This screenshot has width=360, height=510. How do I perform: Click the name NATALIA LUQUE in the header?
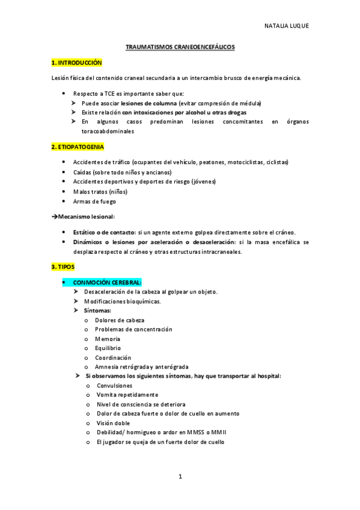(286, 26)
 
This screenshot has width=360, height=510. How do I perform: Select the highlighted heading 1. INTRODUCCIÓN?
(77, 63)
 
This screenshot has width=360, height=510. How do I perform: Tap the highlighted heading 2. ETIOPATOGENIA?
(78, 147)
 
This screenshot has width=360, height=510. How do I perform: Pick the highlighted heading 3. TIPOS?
(63, 266)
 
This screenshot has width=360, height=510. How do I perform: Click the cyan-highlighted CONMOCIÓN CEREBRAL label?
(107, 282)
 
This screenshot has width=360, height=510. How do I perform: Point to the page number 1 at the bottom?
(180, 476)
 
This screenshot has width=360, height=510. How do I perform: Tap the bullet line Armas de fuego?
(94, 201)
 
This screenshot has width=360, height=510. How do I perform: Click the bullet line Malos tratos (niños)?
(100, 192)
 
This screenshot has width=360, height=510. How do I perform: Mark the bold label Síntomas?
(97, 310)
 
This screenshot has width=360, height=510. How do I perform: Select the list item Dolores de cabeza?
(119, 320)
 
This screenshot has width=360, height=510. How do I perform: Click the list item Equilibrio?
(108, 348)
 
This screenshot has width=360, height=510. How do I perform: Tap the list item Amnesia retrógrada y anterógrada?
(142, 367)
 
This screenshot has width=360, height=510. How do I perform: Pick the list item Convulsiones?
(114, 386)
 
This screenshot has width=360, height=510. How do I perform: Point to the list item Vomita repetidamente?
(127, 395)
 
